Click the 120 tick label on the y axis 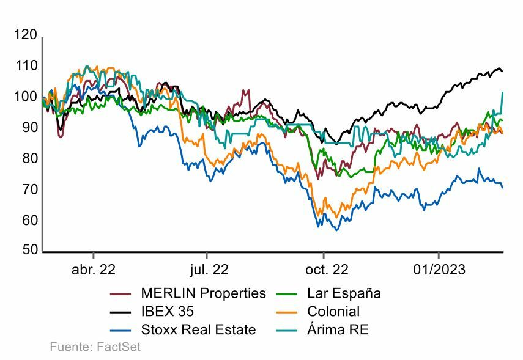25,35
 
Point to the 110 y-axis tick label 25,66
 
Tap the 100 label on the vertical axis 25,97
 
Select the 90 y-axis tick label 28,128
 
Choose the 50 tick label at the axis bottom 28,251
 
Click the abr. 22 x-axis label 94,270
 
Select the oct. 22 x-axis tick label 324,270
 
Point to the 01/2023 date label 439,270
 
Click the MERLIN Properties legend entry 203,293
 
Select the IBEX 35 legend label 167,312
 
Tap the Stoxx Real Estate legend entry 198,330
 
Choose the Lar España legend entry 344,293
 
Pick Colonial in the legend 333,312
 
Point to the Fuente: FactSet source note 95,348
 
